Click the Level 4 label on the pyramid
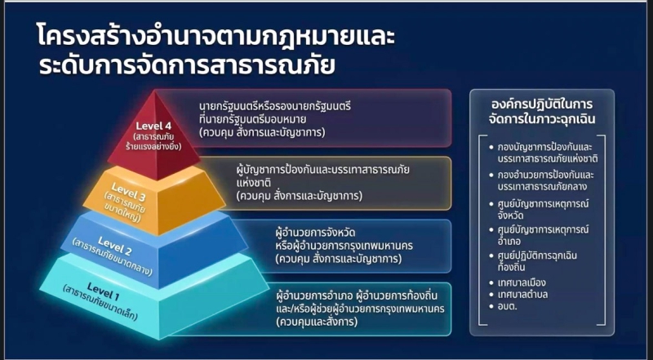[x=153, y=126]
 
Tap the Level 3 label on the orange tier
[x=128, y=192]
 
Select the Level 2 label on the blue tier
[x=115, y=246]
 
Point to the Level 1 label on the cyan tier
[x=104, y=291]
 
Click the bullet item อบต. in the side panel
[x=507, y=306]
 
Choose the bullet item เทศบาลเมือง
[x=522, y=282]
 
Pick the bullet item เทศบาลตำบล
[x=522, y=294]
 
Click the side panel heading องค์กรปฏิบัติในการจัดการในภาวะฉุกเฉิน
[x=542, y=112]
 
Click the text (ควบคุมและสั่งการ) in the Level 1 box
[x=317, y=322]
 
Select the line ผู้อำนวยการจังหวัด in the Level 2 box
[x=315, y=232]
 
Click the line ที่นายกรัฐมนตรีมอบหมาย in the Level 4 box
[x=253, y=119]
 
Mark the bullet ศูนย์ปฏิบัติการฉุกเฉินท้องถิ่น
[x=537, y=261]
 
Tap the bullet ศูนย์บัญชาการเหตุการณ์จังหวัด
[x=543, y=210]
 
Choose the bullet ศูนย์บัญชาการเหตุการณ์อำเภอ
[x=543, y=235]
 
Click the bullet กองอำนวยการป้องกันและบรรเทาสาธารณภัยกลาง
[x=546, y=180]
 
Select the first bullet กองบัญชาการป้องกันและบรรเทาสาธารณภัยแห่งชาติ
[x=548, y=153]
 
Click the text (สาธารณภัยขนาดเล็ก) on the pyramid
[x=100, y=303]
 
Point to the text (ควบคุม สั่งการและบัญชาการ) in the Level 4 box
[x=262, y=132]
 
